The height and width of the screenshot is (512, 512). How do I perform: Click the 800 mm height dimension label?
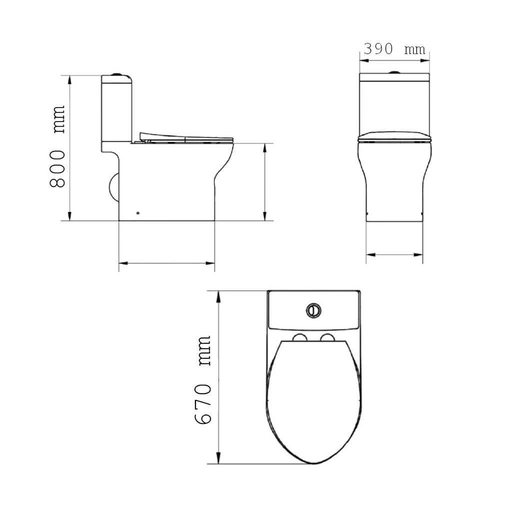coord(58,146)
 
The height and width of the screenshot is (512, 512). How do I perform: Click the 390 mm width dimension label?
coord(394,49)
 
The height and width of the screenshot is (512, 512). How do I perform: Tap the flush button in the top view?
coord(313,309)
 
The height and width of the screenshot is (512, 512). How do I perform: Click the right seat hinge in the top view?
coord(327,339)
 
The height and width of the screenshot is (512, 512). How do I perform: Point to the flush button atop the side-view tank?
coord(118,74)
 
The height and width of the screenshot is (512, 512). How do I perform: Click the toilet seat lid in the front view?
coord(394,136)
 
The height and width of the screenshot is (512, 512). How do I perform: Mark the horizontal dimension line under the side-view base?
coord(166,262)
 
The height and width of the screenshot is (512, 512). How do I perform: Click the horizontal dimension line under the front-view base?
coord(394,254)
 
